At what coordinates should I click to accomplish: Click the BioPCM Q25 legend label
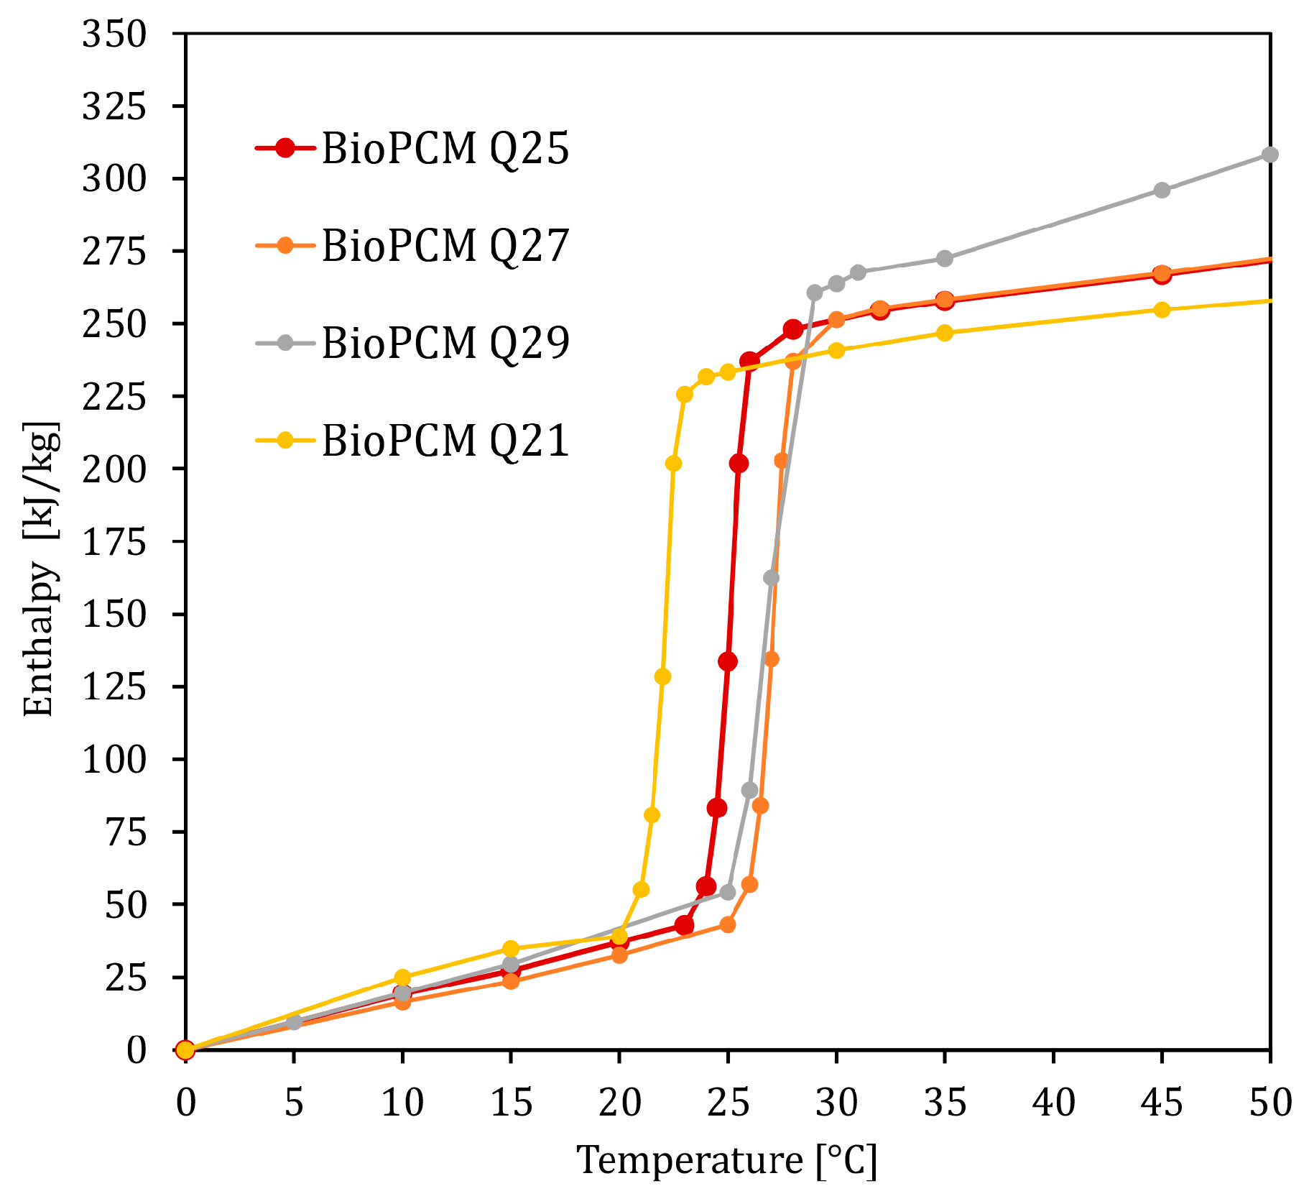(x=445, y=149)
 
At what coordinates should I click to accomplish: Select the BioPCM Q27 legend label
(x=445, y=246)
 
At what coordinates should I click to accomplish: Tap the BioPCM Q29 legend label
(x=445, y=343)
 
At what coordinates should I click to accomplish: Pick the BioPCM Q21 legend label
(x=445, y=440)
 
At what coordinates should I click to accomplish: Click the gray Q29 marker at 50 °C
(x=1269, y=155)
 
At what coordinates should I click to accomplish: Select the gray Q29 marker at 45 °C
(x=1162, y=190)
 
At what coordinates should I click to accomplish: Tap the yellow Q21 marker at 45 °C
(x=1162, y=310)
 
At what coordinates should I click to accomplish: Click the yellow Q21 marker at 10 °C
(x=402, y=978)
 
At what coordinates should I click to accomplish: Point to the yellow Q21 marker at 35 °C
(x=945, y=333)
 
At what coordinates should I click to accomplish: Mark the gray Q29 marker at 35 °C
(x=945, y=258)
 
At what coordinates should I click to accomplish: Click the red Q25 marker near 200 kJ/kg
(x=739, y=464)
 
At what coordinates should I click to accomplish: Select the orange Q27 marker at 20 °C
(x=619, y=955)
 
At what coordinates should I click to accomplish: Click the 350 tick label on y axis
(x=114, y=34)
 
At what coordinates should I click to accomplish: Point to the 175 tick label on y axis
(x=114, y=542)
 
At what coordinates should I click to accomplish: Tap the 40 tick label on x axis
(x=1053, y=1102)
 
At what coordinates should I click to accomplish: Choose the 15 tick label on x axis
(x=511, y=1102)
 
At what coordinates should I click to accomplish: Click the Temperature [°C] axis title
(x=727, y=1159)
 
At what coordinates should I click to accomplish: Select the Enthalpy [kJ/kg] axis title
(x=39, y=568)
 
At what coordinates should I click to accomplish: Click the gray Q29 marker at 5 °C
(x=294, y=1022)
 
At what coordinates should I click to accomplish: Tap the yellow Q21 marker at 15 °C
(x=511, y=949)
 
